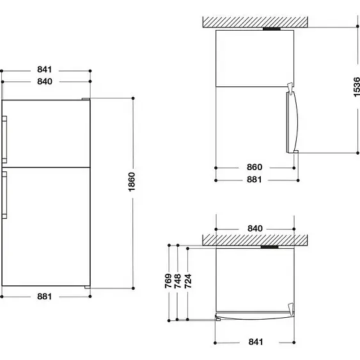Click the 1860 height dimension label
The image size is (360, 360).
(132, 182)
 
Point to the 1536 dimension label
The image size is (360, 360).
(357, 87)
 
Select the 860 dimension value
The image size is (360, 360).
(254, 167)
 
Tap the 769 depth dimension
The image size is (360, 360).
(168, 281)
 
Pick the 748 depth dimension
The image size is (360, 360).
(178, 281)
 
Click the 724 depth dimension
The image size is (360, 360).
(188, 281)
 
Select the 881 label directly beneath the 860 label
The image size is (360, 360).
(254, 180)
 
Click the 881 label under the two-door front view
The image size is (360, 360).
(44, 297)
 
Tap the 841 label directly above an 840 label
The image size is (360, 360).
(45, 69)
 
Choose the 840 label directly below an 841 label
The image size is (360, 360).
(45, 81)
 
